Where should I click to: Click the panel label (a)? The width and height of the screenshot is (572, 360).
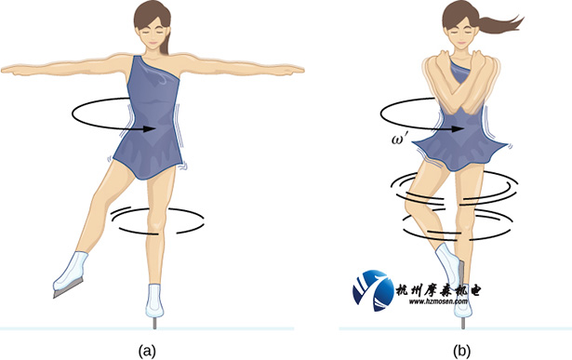[x=147, y=351]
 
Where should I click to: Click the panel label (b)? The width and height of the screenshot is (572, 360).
[x=461, y=351]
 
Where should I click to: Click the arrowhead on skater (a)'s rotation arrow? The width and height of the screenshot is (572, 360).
[x=150, y=128]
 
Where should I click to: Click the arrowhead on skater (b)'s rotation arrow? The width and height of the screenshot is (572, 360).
[x=458, y=128]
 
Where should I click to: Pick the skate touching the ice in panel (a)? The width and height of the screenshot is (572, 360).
[x=154, y=302]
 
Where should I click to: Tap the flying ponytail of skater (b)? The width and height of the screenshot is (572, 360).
[x=501, y=25]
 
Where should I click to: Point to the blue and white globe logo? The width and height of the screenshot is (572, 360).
[x=373, y=290]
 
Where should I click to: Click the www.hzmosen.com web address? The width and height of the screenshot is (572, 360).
[x=438, y=301]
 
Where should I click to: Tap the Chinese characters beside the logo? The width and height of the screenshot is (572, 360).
[x=438, y=290]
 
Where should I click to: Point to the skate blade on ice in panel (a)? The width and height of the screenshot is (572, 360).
[x=154, y=323]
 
